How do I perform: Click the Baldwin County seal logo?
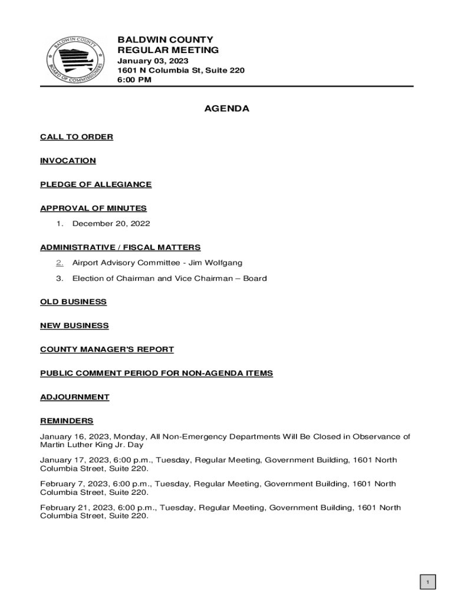[x=75, y=58]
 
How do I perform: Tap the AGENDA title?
[x=226, y=109]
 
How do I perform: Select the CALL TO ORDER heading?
[x=77, y=137]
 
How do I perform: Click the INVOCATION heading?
[x=68, y=160]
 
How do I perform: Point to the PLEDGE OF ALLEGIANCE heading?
[x=96, y=185]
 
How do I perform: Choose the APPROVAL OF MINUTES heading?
[x=93, y=208]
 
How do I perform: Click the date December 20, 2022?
[x=111, y=224]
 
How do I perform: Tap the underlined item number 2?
[x=60, y=262]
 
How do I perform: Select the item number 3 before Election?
[x=60, y=278]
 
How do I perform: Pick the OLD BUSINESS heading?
[x=73, y=302]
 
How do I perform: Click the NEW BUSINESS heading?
[x=74, y=326]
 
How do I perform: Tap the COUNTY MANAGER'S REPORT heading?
[x=107, y=349]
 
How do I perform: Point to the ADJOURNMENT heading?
[x=74, y=397]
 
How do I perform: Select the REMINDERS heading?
[x=67, y=421]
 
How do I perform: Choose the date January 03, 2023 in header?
[x=153, y=61]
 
